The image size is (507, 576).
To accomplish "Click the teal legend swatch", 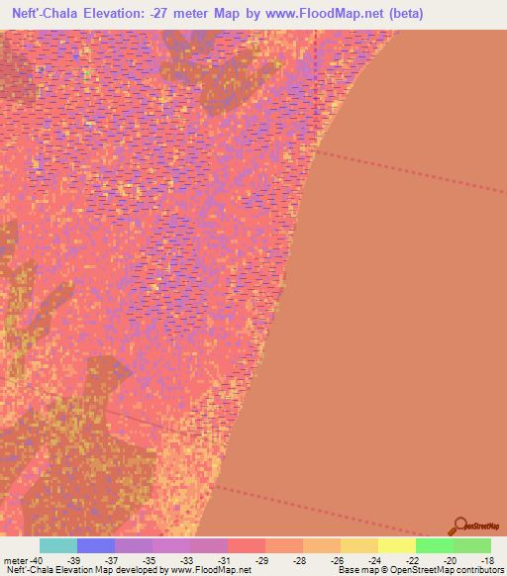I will [58, 545].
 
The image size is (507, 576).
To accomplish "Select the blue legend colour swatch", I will [96, 545].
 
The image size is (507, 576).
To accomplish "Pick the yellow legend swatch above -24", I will [359, 545].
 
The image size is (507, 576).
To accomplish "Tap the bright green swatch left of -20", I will [435, 545].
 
